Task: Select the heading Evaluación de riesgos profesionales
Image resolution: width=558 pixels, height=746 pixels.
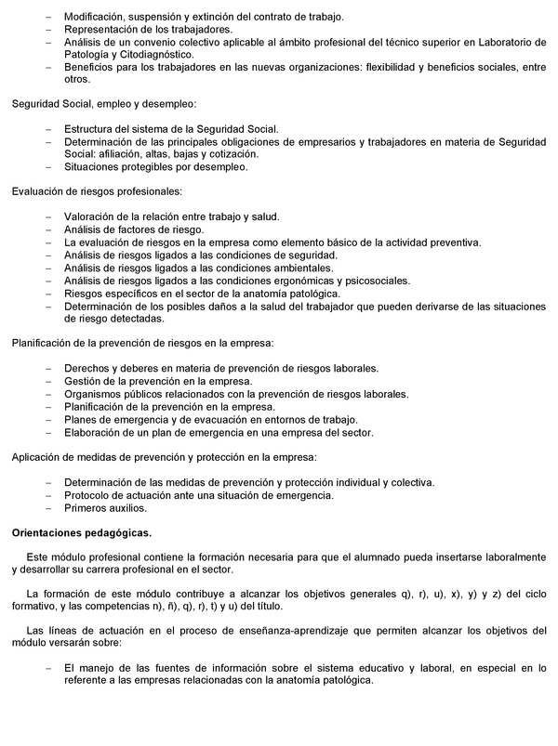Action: [97, 191]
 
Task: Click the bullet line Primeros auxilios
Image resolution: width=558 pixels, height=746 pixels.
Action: [106, 508]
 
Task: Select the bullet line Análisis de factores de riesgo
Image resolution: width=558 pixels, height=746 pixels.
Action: [133, 229]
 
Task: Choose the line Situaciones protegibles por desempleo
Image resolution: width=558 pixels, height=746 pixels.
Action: [155, 167]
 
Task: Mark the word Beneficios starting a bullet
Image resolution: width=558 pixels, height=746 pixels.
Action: [94, 68]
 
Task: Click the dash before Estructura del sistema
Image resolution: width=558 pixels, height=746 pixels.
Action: [49, 129]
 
